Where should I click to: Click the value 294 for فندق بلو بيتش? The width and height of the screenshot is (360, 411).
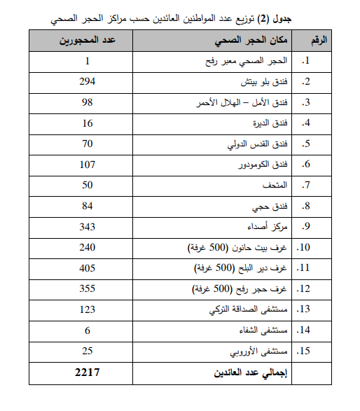[88, 82]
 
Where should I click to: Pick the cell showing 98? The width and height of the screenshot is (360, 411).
[88, 103]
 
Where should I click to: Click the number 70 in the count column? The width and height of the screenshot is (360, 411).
[88, 144]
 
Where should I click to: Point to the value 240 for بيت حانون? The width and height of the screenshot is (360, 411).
[88, 247]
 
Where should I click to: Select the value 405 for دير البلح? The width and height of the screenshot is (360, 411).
[88, 268]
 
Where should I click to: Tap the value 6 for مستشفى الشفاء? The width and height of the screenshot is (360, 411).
[88, 330]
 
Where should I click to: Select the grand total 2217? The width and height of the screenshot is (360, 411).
[88, 372]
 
